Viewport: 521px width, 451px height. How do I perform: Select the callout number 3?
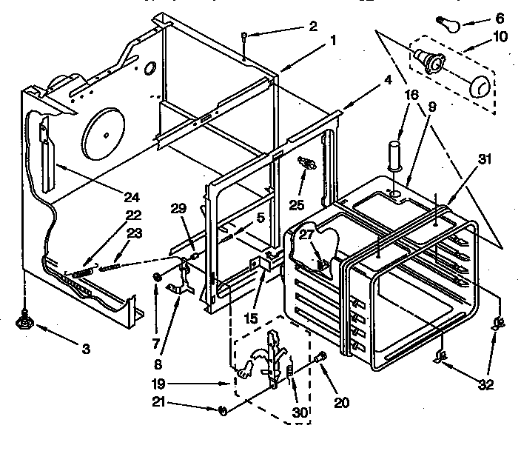(x=87, y=348)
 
